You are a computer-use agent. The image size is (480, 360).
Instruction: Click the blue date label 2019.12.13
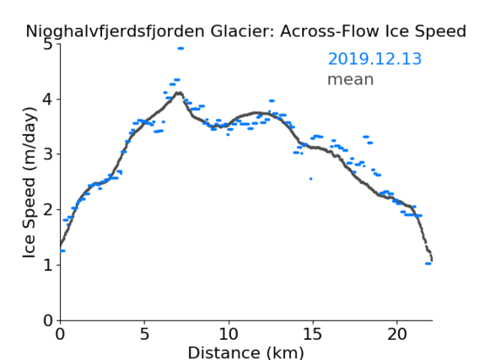tap(375, 59)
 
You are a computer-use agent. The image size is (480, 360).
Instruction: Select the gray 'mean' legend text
tap(351, 79)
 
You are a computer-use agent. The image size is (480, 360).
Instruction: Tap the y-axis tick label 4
tap(48, 99)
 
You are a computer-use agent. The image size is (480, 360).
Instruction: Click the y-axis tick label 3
tap(48, 154)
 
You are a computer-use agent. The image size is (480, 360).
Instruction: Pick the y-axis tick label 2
tap(48, 210)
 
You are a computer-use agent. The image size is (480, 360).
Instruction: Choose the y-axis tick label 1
tap(48, 265)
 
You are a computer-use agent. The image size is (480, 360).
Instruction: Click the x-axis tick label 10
tap(229, 334)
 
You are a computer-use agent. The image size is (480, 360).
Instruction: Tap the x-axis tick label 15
tap(313, 334)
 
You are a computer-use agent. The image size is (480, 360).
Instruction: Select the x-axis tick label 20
tap(396, 334)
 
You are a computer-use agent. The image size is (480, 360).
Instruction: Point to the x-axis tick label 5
tap(144, 334)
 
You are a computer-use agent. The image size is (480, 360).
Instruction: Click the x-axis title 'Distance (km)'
tap(245, 352)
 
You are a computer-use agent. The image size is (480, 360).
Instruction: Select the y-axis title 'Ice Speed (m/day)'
tap(29, 183)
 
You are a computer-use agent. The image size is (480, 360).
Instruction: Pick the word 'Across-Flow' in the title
tap(329, 31)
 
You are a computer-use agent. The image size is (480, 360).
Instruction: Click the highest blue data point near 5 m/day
tap(181, 48)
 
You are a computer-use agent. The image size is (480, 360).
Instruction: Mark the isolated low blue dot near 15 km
tap(310, 179)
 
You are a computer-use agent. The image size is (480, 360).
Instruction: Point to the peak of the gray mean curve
tap(179, 93)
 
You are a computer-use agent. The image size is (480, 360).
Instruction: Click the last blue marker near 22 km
tap(428, 264)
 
